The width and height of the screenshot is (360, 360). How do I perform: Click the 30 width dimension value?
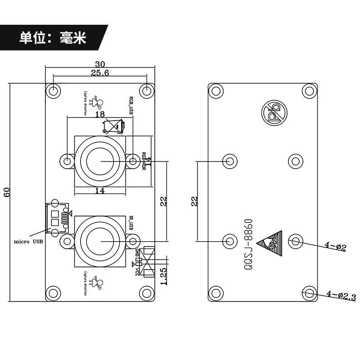click(100, 64)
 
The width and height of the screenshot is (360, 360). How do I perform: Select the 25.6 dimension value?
click(100, 73)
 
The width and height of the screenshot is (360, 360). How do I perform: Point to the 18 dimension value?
click(100, 114)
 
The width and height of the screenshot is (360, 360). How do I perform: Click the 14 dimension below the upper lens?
click(100, 191)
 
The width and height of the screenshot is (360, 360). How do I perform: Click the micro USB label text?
click(29, 242)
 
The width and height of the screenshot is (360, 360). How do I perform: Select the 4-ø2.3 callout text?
click(341, 296)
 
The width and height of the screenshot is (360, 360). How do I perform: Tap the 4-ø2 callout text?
click(335, 247)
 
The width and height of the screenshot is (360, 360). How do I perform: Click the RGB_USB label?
click(131, 104)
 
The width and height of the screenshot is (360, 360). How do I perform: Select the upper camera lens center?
click(100, 161)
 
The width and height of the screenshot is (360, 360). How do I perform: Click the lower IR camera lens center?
click(100, 241)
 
